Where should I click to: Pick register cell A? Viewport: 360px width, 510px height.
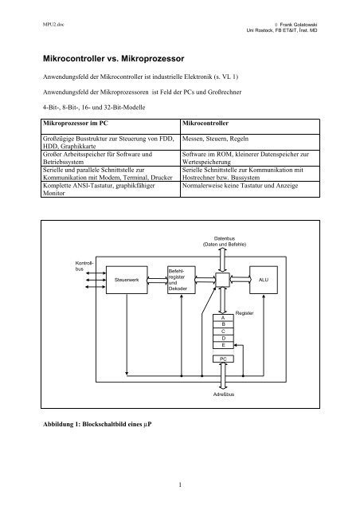pos(223,318)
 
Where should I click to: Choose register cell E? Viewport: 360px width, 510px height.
pos(223,346)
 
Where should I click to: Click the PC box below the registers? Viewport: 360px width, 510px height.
pos(223,359)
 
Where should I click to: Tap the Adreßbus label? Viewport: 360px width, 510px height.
pos(224,395)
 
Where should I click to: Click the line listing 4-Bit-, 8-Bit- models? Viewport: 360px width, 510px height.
pos(88,106)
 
